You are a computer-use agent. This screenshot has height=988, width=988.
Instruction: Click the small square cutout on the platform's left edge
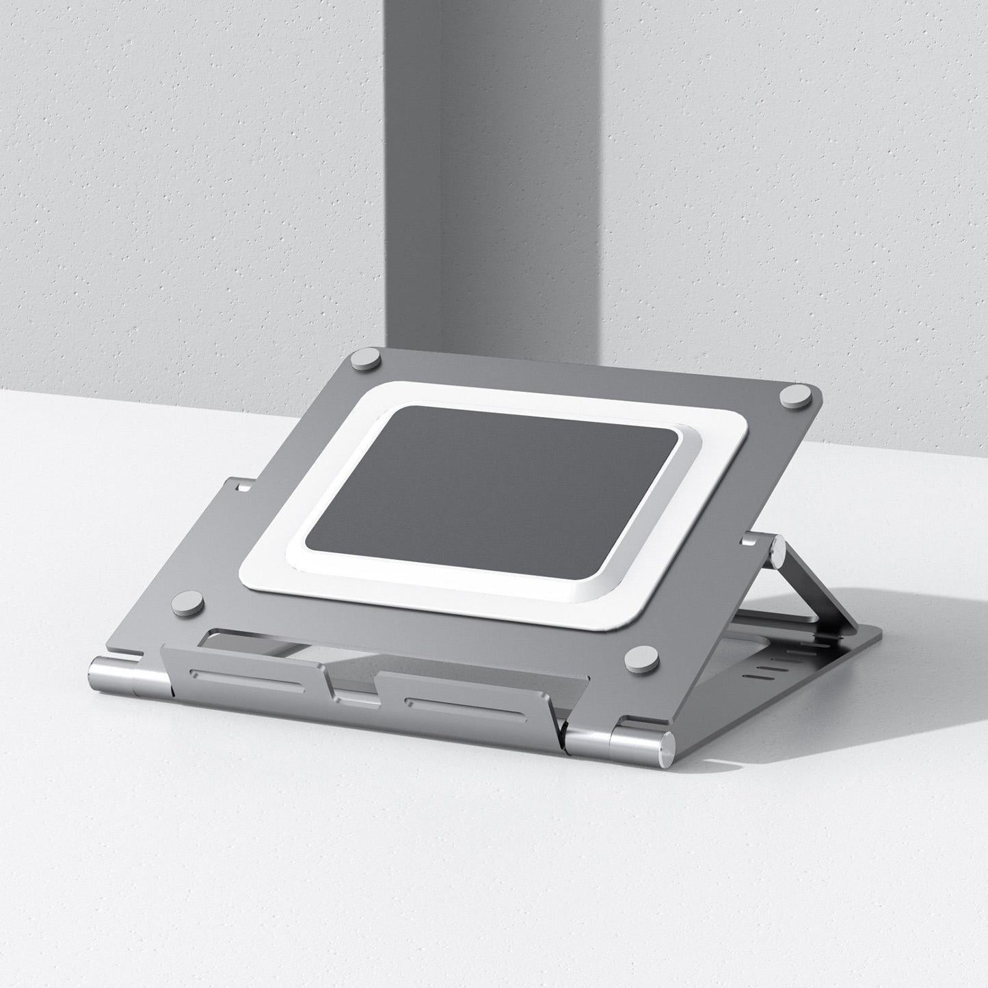(241, 488)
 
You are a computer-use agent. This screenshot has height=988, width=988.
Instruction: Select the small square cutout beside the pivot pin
(749, 541)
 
